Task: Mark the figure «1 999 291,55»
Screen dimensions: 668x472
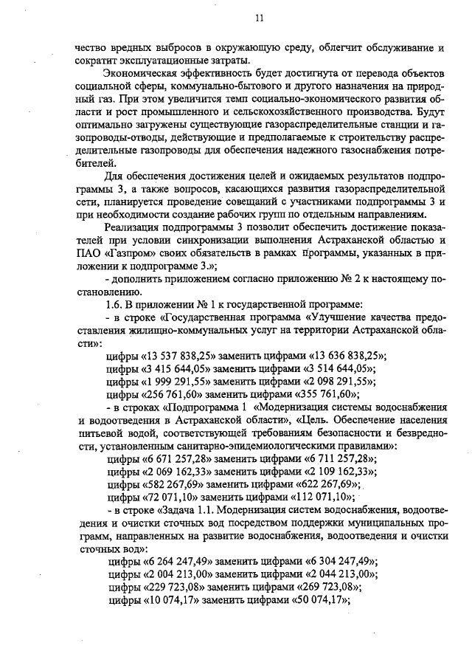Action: (173, 382)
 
